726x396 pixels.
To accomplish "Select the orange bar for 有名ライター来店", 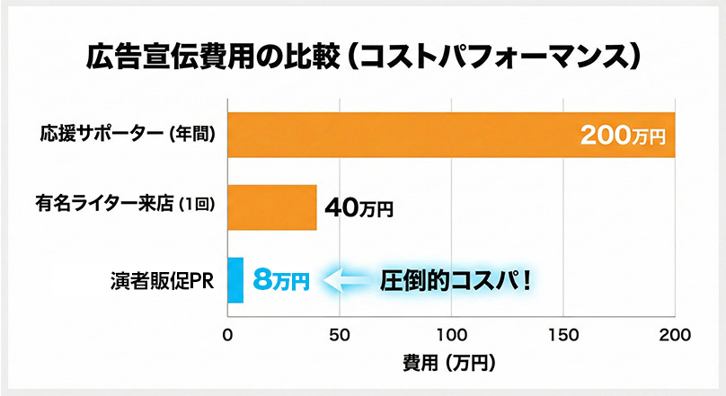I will (271, 207).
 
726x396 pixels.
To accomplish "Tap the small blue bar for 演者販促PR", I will (235, 280).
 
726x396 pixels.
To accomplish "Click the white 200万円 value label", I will (622, 137).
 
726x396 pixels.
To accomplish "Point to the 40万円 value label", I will (359, 209).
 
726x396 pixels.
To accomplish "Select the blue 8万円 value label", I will (281, 280).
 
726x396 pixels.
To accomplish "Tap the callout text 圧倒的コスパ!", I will (456, 280).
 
